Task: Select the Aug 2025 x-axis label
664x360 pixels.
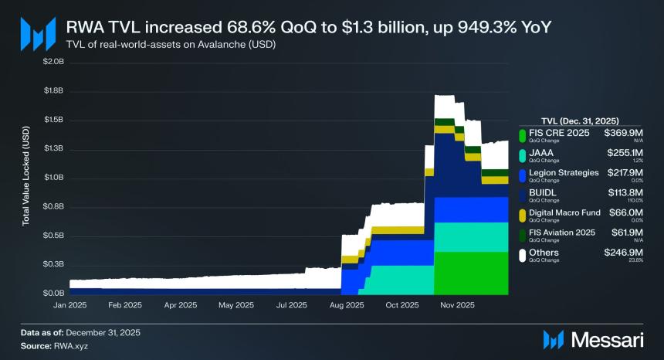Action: coord(347,305)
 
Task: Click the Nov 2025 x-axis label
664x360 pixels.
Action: coord(457,305)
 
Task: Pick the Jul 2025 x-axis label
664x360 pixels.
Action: coord(292,305)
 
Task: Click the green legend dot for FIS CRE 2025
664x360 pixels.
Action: coord(523,134)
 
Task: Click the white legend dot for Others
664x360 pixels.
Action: coord(523,254)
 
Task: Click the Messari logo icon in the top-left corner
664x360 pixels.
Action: coord(37,33)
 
